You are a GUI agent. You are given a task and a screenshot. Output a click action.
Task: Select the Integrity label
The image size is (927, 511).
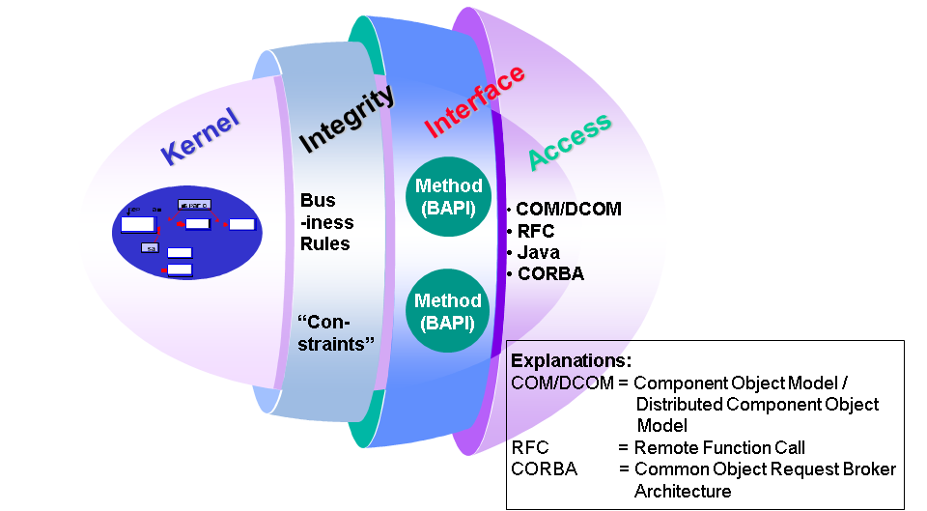tap(347, 120)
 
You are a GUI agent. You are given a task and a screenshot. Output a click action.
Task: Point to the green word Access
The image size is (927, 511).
tap(570, 141)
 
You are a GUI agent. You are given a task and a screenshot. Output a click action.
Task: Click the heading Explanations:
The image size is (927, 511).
tap(571, 361)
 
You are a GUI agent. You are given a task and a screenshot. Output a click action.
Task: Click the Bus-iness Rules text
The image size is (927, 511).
tap(325, 221)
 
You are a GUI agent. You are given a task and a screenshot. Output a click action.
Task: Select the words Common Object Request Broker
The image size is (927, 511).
tap(765, 468)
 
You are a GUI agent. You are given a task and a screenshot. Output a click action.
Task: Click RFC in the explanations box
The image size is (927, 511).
tap(529, 447)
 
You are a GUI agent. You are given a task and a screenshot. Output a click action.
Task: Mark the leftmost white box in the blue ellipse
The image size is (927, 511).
tap(137, 225)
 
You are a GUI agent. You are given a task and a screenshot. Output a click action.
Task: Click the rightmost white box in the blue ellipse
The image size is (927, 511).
tap(242, 224)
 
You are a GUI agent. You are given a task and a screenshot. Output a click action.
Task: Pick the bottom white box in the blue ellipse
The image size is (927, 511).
tap(180, 270)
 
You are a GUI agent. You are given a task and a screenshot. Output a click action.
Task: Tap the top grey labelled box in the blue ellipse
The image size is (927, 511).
tap(194, 205)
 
